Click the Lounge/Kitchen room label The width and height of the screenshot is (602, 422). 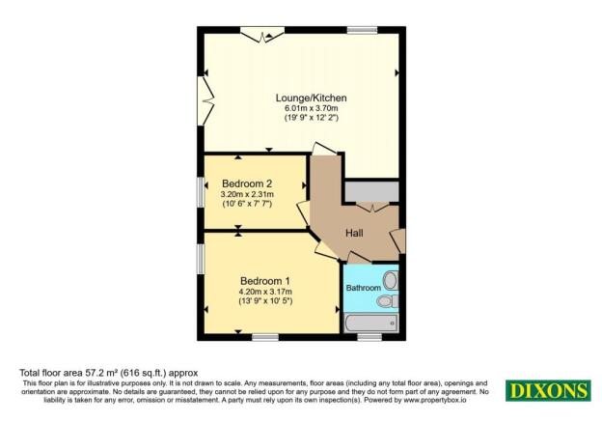click(x=311, y=98)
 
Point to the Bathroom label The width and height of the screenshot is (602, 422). click(x=363, y=287)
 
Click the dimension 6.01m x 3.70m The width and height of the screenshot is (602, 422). click(x=311, y=109)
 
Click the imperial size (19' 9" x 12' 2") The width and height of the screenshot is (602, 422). click(x=311, y=119)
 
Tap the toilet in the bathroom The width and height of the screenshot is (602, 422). click(x=387, y=302)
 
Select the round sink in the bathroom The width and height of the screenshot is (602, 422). click(x=389, y=281)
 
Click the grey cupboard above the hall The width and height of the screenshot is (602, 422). click(x=371, y=190)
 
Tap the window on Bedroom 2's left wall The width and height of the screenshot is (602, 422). click(x=201, y=189)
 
